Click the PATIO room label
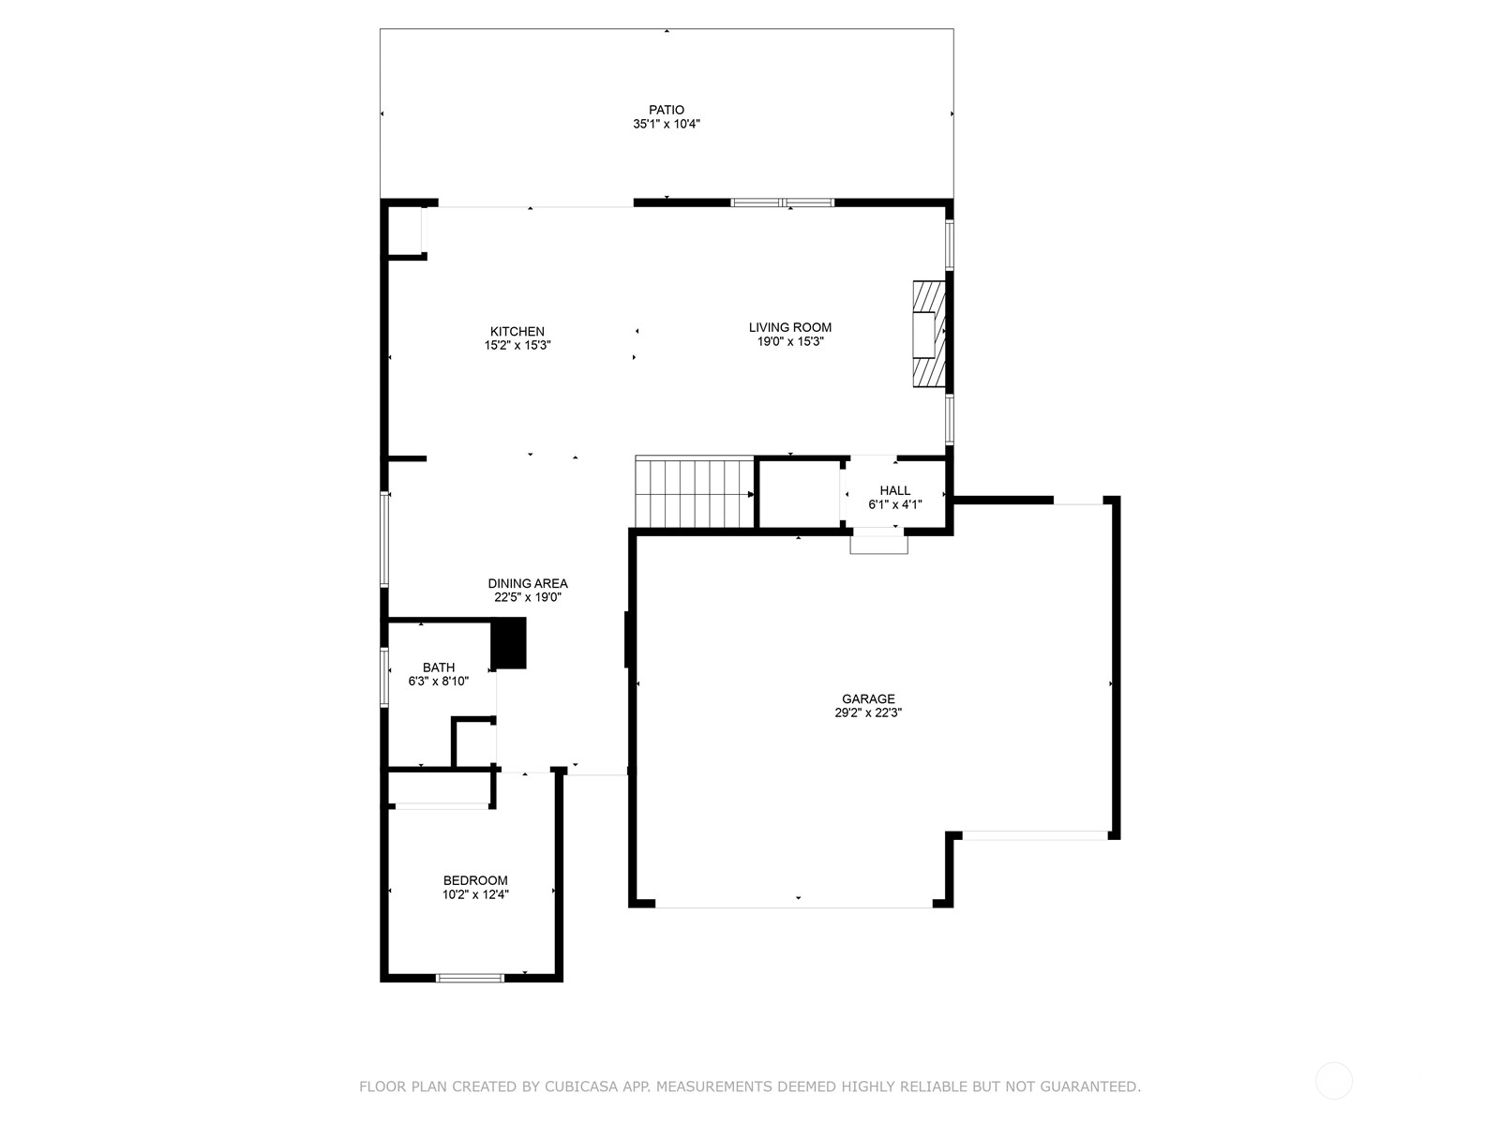(667, 110)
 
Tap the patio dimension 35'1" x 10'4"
(667, 125)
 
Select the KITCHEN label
(517, 331)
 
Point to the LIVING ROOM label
(790, 327)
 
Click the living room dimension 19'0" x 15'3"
(790, 341)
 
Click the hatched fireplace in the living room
(929, 334)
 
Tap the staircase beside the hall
(695, 492)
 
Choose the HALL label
(894, 490)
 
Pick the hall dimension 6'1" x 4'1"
(894, 504)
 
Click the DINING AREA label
(528, 583)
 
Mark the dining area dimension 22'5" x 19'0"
(528, 597)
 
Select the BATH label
(439, 667)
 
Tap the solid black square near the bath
(509, 643)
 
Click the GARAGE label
(868, 698)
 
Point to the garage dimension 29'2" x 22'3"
(868, 712)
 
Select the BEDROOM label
(475, 880)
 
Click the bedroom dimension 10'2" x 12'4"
(475, 894)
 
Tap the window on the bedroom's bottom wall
(471, 978)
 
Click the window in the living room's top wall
(783, 202)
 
